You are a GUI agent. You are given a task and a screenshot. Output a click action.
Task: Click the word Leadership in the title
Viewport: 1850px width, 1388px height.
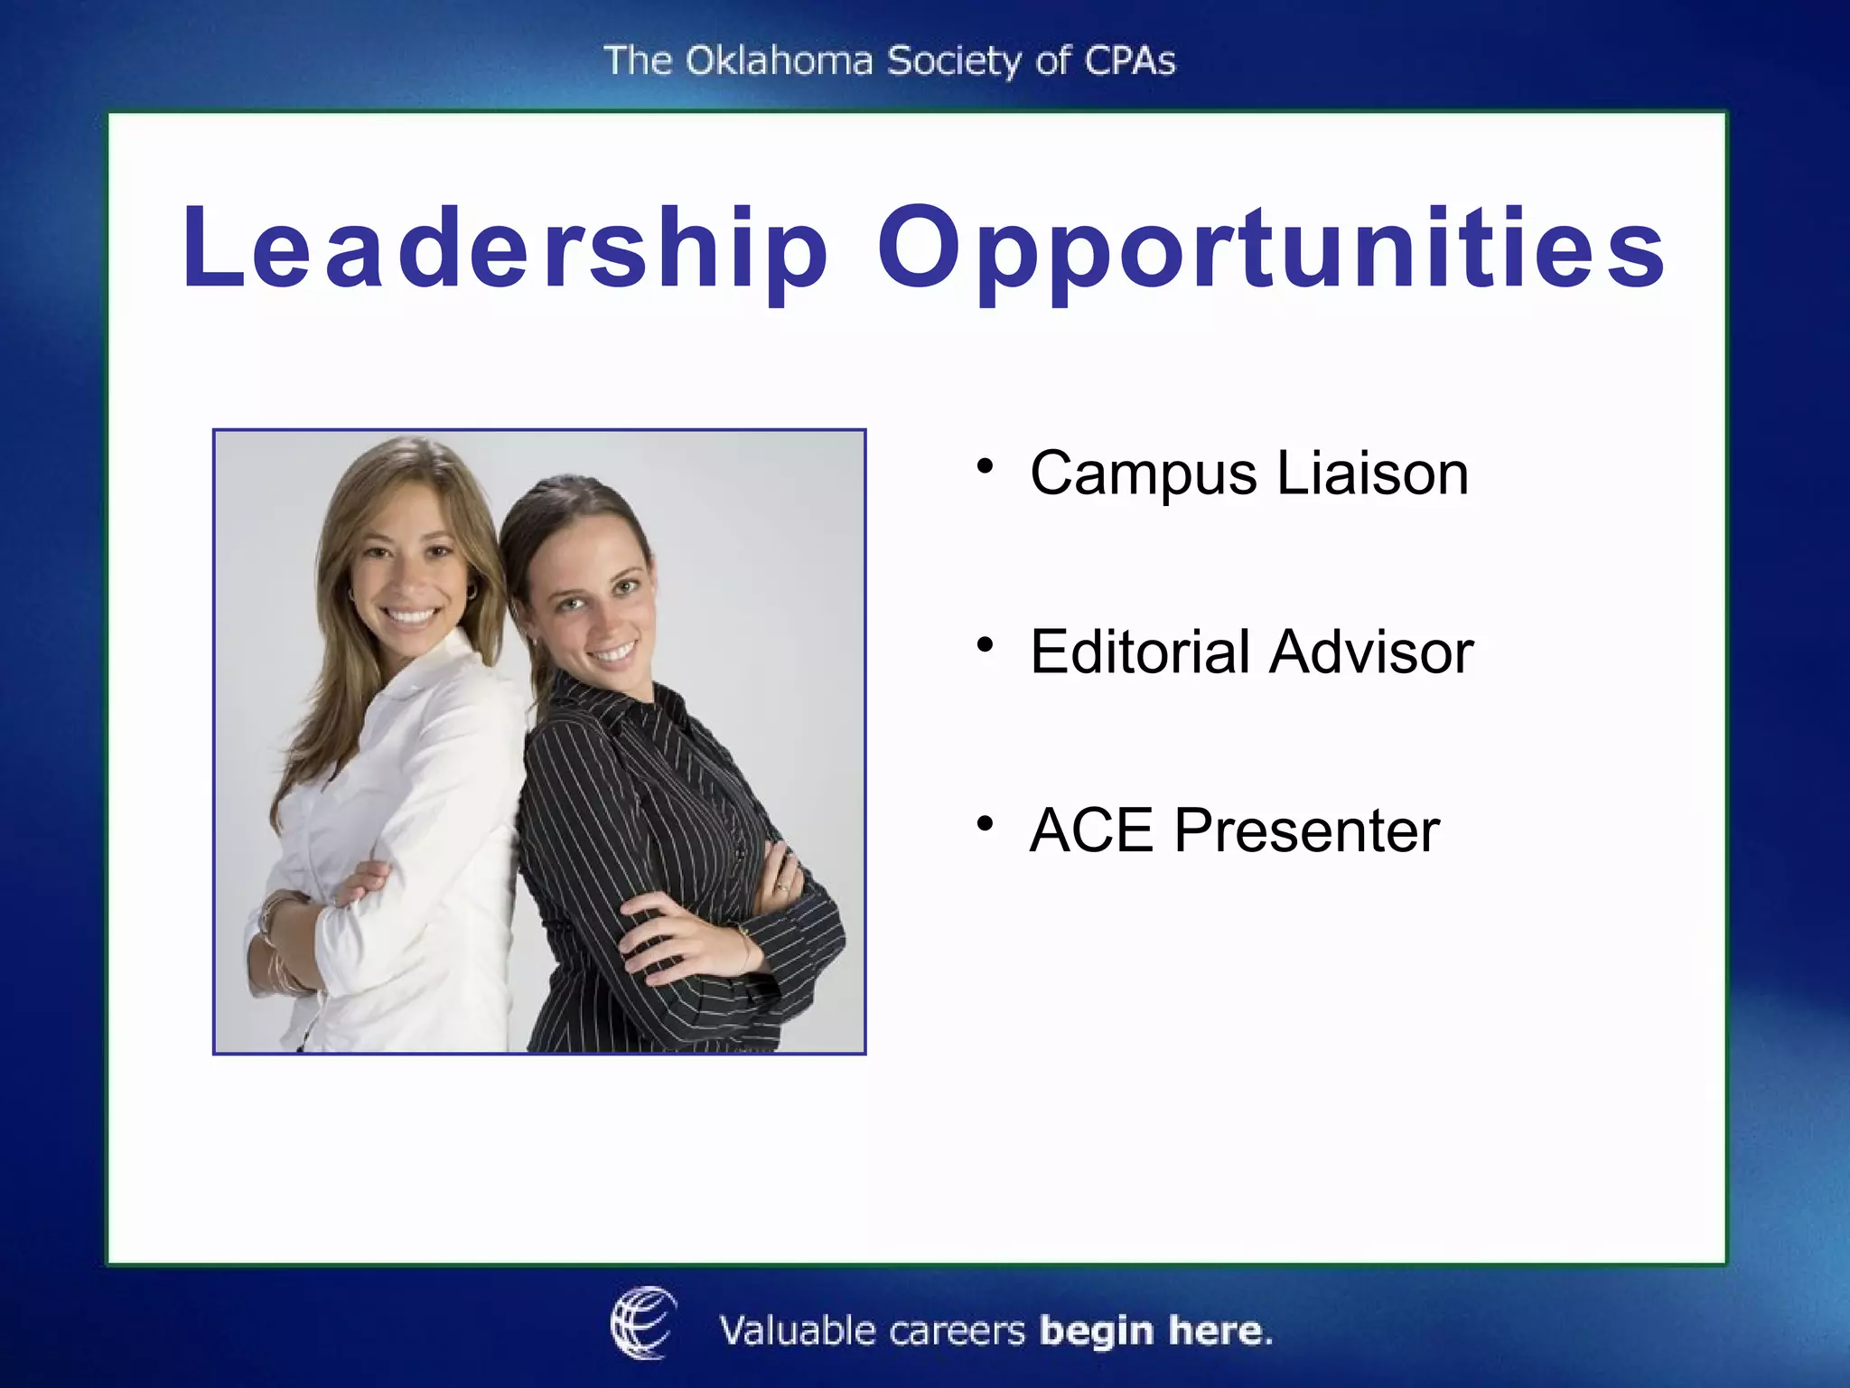click(x=504, y=249)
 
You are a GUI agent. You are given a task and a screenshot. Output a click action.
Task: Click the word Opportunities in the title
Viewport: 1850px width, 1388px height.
click(x=1271, y=252)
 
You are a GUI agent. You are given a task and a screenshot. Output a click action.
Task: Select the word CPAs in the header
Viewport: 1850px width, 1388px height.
click(x=1129, y=61)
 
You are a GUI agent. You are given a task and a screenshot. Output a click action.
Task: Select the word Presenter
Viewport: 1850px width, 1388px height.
click(x=1306, y=830)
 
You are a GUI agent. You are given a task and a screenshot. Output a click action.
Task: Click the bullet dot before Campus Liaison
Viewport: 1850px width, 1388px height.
click(x=985, y=467)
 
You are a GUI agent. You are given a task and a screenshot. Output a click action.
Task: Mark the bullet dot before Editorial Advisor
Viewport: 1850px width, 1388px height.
click(x=985, y=645)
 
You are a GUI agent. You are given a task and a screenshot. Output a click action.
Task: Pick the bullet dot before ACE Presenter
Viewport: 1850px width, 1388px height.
click(x=985, y=823)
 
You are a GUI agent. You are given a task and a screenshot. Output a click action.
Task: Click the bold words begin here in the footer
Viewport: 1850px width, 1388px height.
click(x=1155, y=1331)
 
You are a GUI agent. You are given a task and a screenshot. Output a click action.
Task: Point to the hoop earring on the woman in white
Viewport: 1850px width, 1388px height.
click(x=471, y=591)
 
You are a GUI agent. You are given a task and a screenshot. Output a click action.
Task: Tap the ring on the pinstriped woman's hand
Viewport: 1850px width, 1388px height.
click(x=782, y=888)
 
